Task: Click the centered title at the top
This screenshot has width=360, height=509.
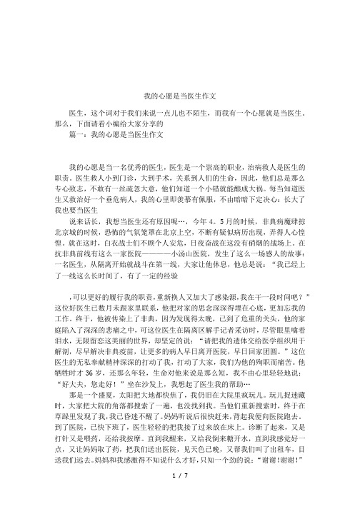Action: [180, 94]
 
